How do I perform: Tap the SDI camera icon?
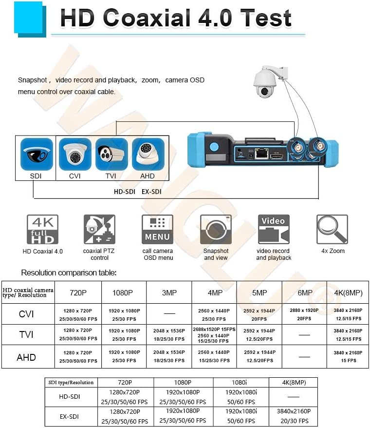point(37,154)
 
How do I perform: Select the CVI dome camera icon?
point(75,154)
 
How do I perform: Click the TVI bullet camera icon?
point(111,154)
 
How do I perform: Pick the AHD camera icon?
point(148,154)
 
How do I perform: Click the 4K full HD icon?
point(42,230)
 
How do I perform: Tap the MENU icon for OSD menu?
point(157,230)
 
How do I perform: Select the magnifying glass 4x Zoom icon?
point(332,230)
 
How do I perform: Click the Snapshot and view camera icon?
point(216,230)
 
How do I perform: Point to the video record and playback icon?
point(274,230)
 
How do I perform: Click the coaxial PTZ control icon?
point(99,230)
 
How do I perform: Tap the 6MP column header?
point(305,292)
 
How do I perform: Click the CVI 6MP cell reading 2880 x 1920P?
point(304,314)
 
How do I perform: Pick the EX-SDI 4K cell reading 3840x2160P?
point(293,415)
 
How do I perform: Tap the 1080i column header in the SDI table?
point(241,382)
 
